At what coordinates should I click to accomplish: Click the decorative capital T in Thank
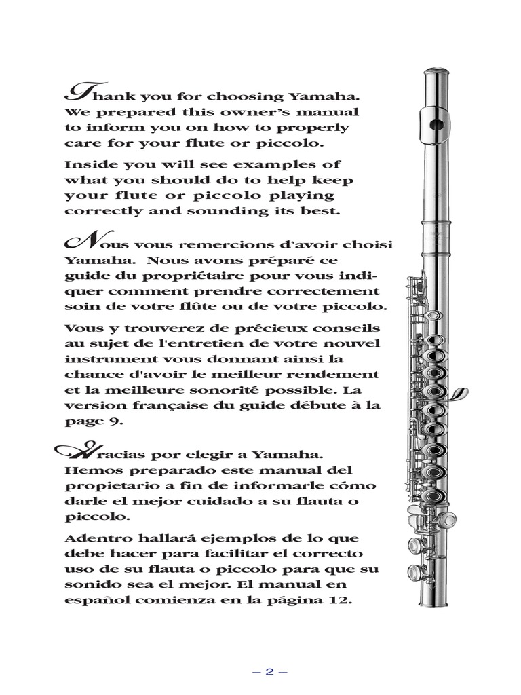(x=77, y=92)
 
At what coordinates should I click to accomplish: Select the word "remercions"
(x=215, y=244)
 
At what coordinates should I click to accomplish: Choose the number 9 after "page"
(x=119, y=421)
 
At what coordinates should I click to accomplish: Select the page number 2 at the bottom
(x=269, y=672)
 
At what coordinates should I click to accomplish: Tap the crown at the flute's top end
(x=433, y=72)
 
